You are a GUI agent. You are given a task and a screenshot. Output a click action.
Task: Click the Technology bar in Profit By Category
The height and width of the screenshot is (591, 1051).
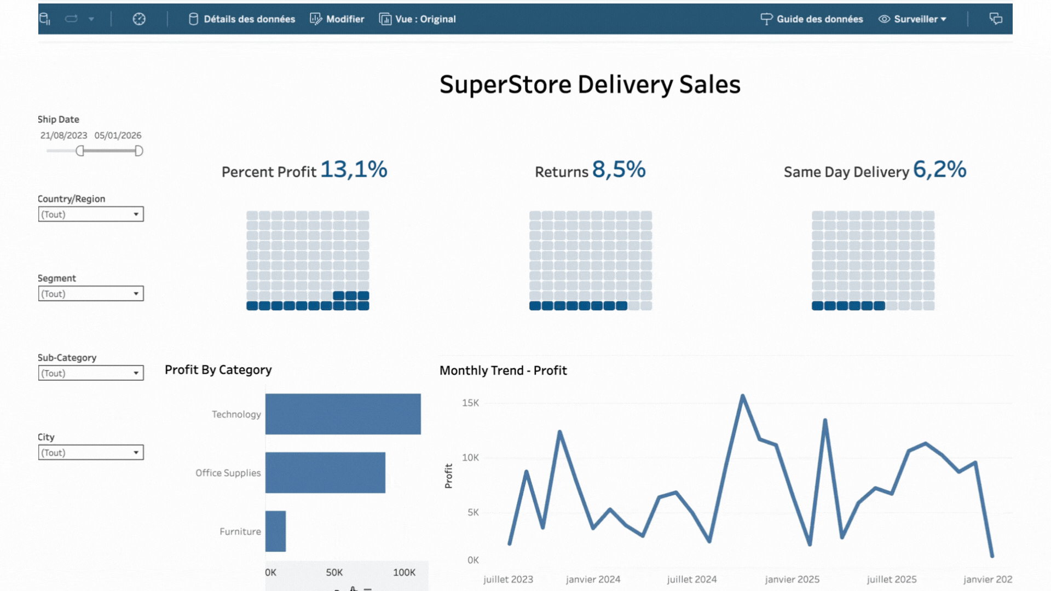pos(343,414)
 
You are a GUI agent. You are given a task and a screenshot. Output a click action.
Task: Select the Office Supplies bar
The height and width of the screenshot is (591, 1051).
pos(325,473)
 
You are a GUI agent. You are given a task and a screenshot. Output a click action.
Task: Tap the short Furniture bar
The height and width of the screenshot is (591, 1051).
pos(275,531)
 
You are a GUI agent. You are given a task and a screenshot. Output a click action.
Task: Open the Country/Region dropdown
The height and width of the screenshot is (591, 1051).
pos(91,215)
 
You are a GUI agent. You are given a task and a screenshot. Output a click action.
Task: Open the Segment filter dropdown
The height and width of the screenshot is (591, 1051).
pos(91,294)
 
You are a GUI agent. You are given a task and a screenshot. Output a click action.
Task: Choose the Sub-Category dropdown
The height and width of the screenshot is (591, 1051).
pos(91,373)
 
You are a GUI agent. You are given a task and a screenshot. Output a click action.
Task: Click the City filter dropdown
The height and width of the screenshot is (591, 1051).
pos(91,453)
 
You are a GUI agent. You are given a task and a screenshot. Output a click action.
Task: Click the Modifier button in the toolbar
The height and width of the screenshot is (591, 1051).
pos(337,19)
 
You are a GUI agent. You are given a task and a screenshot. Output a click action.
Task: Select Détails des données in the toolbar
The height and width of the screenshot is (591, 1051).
pos(242,19)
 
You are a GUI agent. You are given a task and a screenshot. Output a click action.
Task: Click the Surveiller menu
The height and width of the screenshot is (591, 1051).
pos(913,19)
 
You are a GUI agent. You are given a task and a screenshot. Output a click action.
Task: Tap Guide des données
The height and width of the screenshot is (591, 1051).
pos(812,19)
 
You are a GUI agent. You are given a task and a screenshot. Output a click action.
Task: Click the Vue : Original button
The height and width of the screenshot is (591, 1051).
pos(418,19)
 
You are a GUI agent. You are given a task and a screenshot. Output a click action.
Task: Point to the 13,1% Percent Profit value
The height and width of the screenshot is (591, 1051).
pos(354,170)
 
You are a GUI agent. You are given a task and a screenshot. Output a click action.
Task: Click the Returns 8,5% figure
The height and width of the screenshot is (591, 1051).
pos(619,170)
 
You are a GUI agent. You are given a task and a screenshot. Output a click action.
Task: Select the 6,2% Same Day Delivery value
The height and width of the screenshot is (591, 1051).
pos(939,170)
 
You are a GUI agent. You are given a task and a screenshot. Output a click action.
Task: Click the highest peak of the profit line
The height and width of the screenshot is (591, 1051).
pos(743,396)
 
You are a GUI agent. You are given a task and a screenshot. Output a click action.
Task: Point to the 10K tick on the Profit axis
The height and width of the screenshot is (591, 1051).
pos(470,457)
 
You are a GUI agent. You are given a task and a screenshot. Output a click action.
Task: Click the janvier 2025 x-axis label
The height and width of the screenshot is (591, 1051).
pos(792,579)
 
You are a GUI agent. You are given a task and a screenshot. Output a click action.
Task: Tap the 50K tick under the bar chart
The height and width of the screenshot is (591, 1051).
pos(334,572)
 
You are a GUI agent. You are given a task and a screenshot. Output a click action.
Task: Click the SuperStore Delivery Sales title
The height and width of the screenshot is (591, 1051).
pos(590,85)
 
